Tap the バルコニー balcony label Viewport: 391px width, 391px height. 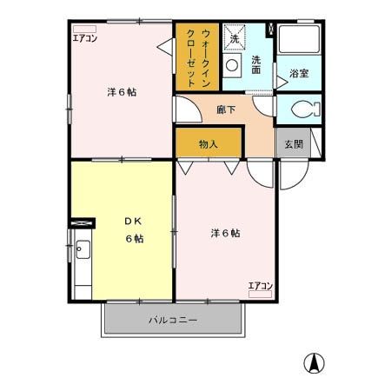172,321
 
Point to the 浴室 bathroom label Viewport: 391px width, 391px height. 300,74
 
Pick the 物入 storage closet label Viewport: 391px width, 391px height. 208,144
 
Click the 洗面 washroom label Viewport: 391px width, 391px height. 257,65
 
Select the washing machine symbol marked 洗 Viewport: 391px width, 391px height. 234,37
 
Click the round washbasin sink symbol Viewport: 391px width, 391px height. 233,67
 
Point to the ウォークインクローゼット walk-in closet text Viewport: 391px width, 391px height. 198,56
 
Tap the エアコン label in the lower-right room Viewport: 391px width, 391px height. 260,286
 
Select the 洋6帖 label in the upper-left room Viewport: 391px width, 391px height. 123,91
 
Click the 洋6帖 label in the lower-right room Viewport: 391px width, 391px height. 225,233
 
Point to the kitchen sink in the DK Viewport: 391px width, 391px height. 83,252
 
